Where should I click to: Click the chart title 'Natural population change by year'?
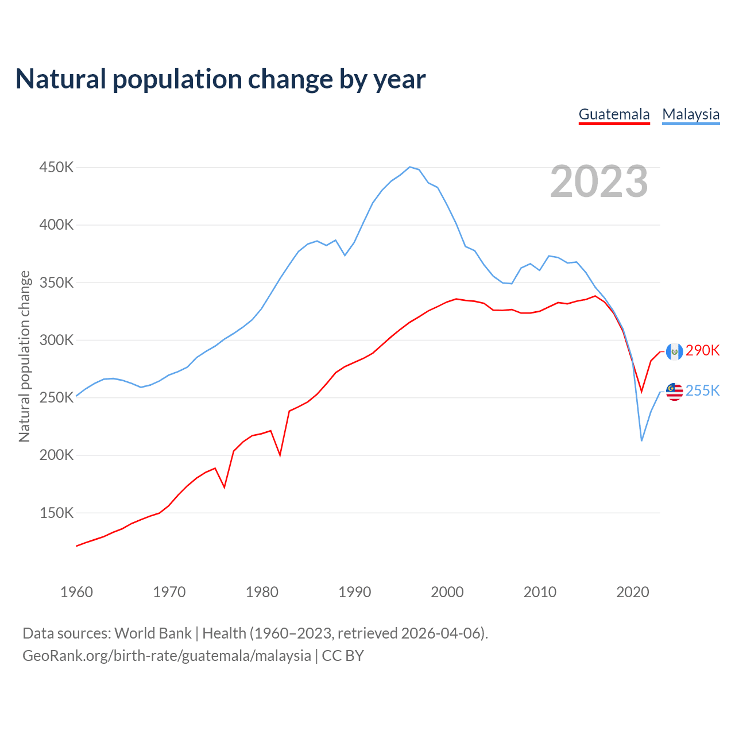click(x=220, y=79)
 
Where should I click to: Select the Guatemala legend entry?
click(x=614, y=114)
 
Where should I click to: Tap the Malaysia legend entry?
click(x=691, y=114)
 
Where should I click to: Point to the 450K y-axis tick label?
click(x=56, y=168)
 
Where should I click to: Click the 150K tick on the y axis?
click(x=56, y=513)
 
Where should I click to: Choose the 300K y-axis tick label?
click(x=56, y=340)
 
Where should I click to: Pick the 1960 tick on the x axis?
click(x=76, y=592)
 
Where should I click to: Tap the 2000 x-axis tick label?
click(x=447, y=592)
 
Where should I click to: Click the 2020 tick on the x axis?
click(x=632, y=592)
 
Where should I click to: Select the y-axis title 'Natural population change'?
click(x=24, y=356)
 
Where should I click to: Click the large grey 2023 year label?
click(x=599, y=181)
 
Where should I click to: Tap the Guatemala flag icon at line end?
click(x=674, y=351)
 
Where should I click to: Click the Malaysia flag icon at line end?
click(x=674, y=392)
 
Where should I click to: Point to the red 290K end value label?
click(x=702, y=350)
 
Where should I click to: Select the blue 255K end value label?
click(x=702, y=390)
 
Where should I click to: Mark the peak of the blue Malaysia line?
click(x=409, y=167)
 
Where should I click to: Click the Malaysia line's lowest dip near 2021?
click(x=641, y=440)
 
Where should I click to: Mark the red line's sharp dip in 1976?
click(x=225, y=488)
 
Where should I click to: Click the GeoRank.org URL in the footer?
click(x=167, y=656)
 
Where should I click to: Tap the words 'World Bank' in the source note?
click(x=153, y=633)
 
